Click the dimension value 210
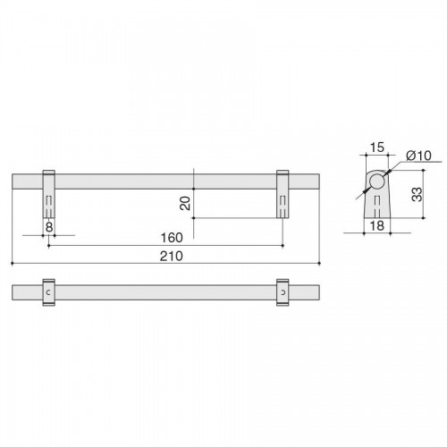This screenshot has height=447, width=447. click(172, 257)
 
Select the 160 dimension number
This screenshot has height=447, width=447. click(172, 238)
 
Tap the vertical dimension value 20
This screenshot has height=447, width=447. click(185, 203)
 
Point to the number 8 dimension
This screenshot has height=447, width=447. click(49, 227)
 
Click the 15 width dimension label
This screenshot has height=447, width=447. click(377, 148)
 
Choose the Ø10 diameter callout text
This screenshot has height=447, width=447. click(418, 156)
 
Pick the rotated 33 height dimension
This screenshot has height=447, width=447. click(417, 194)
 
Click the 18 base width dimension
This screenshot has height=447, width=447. click(377, 225)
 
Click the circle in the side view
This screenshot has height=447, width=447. click(376, 181)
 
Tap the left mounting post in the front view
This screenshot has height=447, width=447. click(49, 194)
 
